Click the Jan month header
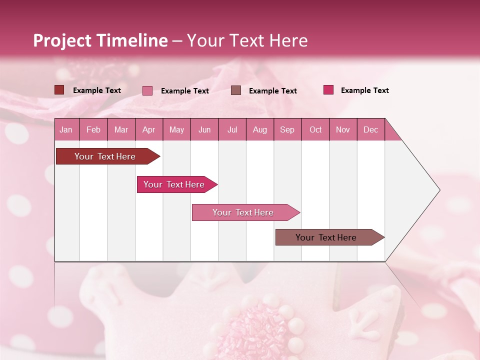pyautogui.click(x=66, y=129)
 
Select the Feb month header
pyautogui.click(x=93, y=129)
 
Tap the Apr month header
pyautogui.click(x=149, y=129)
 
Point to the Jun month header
pyautogui.click(x=204, y=129)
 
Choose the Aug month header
pyautogui.click(x=260, y=129)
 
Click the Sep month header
pyautogui.click(x=287, y=129)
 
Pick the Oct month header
pyautogui.click(x=315, y=129)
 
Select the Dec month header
pyautogui.click(x=371, y=129)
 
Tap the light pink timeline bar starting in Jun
pyautogui.click(x=243, y=212)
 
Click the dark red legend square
pyautogui.click(x=59, y=90)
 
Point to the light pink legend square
pyautogui.click(x=147, y=90)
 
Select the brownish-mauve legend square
pyautogui.click(x=236, y=90)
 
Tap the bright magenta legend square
pyautogui.click(x=328, y=90)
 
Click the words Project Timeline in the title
pyautogui.click(x=100, y=40)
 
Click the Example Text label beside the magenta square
pyautogui.click(x=364, y=90)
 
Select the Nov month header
pyautogui.click(x=343, y=129)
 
